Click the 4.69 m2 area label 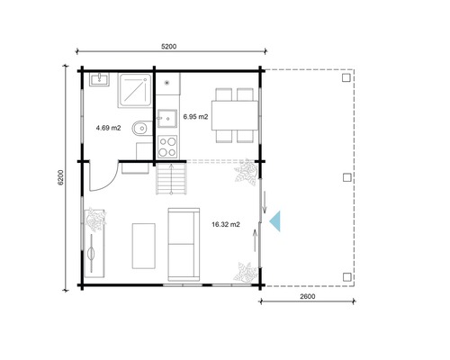[x=109, y=127]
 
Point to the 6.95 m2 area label [x=195, y=116]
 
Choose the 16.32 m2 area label [x=226, y=224]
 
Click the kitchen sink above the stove [x=168, y=118]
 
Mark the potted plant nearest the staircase [x=246, y=174]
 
